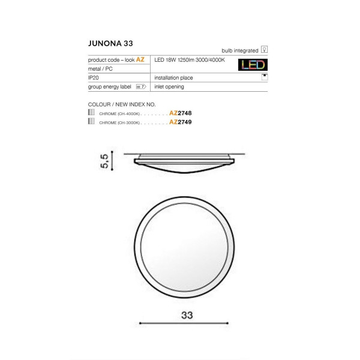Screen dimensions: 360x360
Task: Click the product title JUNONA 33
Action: [x=110, y=43]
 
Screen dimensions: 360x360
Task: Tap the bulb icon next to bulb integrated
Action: [x=264, y=49]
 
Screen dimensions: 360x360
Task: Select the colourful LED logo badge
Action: [x=253, y=65]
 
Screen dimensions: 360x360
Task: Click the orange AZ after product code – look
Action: [x=140, y=59]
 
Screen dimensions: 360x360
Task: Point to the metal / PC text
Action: [x=100, y=69]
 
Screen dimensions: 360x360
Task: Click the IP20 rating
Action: [x=94, y=77]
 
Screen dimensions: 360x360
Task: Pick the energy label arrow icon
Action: [x=141, y=86]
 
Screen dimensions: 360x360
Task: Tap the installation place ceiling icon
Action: [x=265, y=77]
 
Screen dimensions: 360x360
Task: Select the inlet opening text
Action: [x=169, y=87]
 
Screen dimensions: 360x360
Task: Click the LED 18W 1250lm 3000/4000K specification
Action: [x=190, y=60]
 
